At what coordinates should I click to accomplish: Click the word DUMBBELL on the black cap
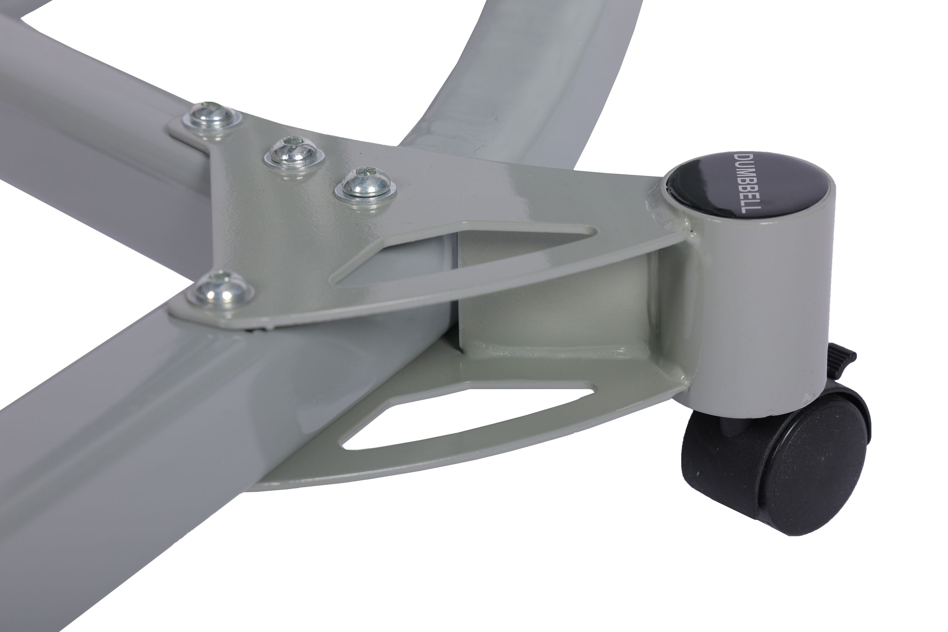746,183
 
